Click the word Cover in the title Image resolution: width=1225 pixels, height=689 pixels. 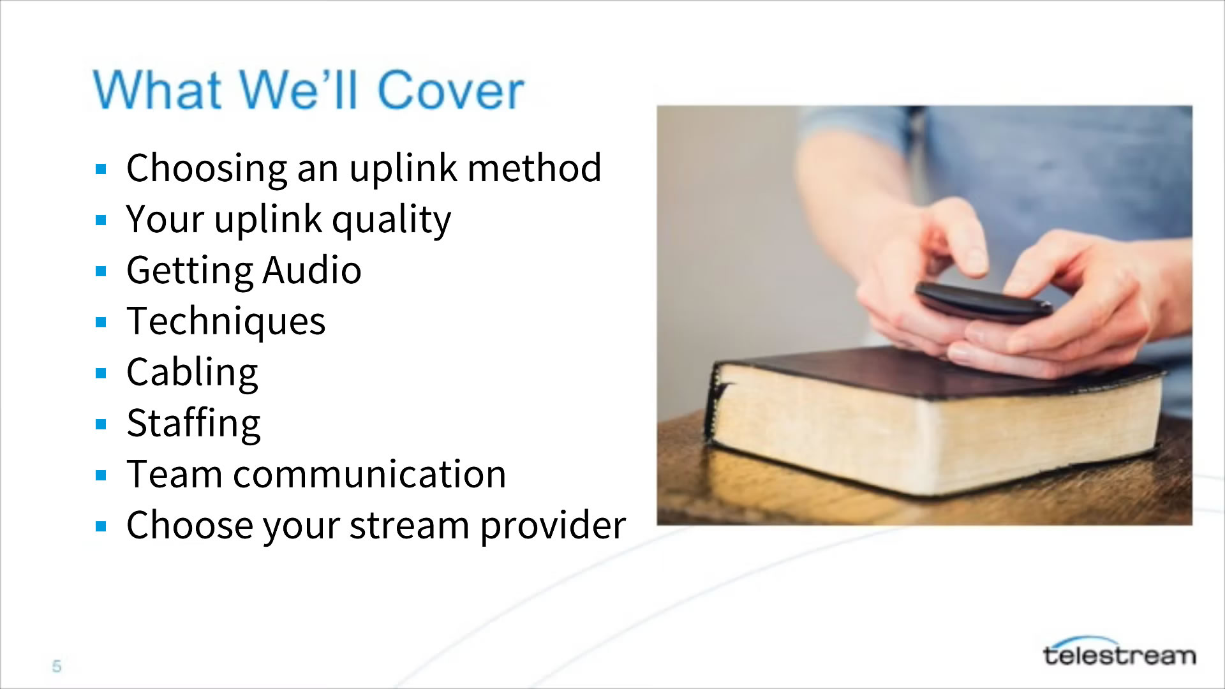tap(450, 90)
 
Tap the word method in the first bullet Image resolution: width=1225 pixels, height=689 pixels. tap(535, 168)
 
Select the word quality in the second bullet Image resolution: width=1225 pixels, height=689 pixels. tap(391, 221)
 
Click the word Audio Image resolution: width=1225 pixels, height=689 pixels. tap(312, 270)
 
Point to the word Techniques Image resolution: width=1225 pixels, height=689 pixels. tap(226, 322)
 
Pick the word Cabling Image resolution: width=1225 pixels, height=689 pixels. tap(192, 373)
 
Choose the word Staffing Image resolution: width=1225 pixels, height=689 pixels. tap(193, 424)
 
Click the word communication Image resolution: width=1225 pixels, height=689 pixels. tap(369, 475)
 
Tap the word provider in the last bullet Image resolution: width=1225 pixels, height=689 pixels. tap(553, 527)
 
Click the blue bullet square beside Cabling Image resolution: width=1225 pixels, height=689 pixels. tap(101, 373)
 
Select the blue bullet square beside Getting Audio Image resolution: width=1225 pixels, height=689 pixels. tap(101, 271)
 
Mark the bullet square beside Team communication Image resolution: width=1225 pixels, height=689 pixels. tap(101, 475)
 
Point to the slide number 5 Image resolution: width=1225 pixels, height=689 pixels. tap(57, 666)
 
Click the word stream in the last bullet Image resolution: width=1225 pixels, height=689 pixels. tap(409, 527)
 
